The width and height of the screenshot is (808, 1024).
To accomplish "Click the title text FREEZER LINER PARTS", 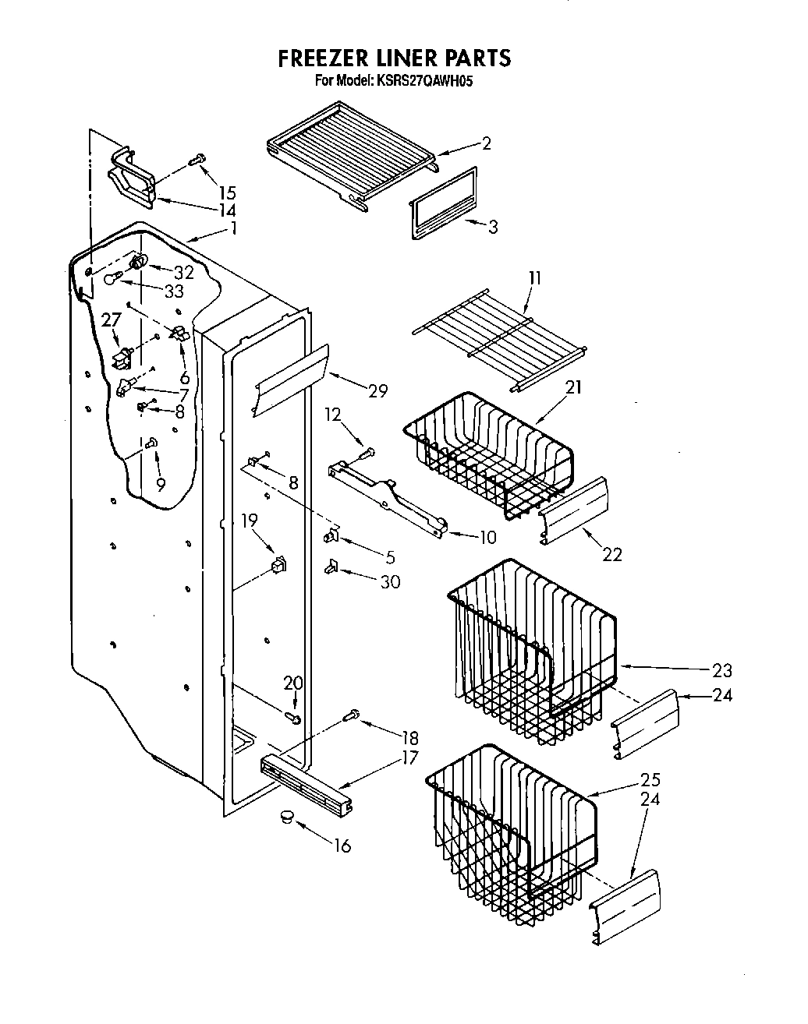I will click(x=395, y=58).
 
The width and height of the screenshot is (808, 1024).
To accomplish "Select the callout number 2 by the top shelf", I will click(x=486, y=143).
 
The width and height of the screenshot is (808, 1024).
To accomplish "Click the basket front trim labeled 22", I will click(x=576, y=507).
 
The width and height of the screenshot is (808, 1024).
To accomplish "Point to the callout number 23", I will click(x=721, y=669).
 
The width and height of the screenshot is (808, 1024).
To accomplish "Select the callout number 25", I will click(x=650, y=779).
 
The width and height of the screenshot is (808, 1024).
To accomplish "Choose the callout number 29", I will click(x=377, y=391).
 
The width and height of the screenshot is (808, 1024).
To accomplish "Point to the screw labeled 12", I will click(x=370, y=451).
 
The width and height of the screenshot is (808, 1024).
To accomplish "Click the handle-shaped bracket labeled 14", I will click(x=129, y=175).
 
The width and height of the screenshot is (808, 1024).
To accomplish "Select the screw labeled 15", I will click(x=197, y=161).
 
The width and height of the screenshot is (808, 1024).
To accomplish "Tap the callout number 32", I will click(x=183, y=272).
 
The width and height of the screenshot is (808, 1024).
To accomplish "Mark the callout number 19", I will click(x=249, y=521).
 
